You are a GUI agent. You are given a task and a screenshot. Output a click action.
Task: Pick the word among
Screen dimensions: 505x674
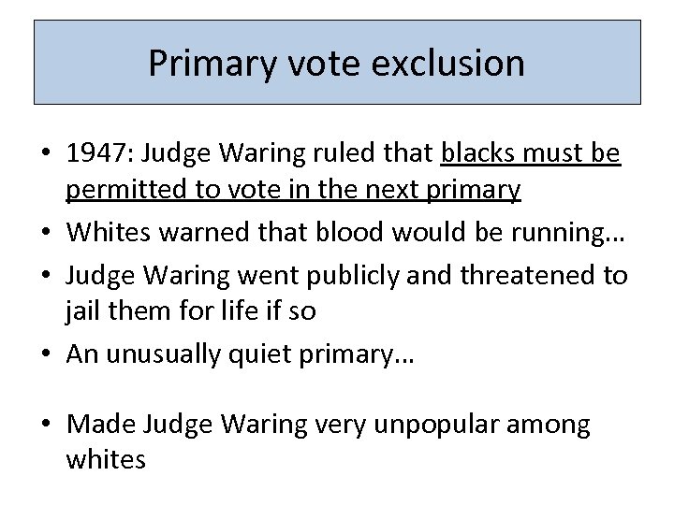[554, 426]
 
